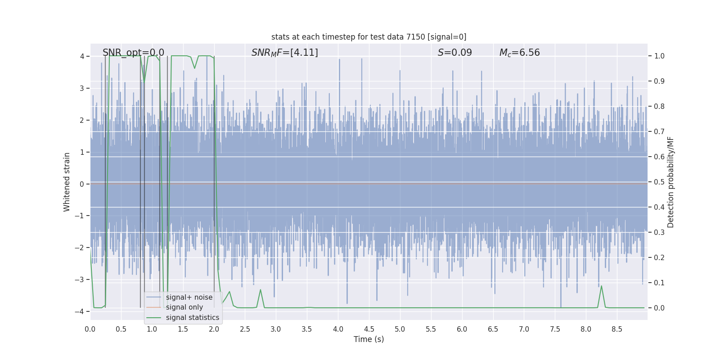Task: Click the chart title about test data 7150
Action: click(369, 37)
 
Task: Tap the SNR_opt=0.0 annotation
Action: click(133, 53)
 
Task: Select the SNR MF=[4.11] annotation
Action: click(284, 53)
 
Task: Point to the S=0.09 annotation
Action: click(454, 53)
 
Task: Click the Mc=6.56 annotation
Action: click(519, 53)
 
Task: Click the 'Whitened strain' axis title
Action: click(67, 182)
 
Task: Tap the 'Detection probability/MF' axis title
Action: click(670, 182)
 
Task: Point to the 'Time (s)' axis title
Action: click(369, 339)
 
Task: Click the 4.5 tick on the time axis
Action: click(369, 329)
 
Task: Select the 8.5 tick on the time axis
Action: click(617, 329)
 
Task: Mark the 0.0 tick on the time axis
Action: click(90, 329)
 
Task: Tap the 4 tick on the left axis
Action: click(82, 56)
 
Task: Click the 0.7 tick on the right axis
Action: click(659, 131)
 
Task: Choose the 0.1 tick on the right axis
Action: click(659, 283)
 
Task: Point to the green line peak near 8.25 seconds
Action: click(601, 286)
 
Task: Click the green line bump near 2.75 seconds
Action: click(261, 290)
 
